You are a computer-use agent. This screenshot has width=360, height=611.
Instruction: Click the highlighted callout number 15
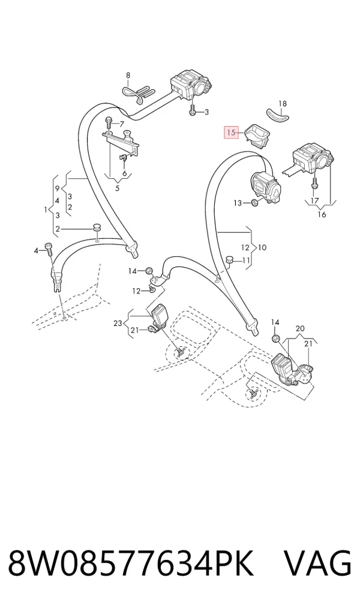point(231,133)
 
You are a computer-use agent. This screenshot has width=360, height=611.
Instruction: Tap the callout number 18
point(283,104)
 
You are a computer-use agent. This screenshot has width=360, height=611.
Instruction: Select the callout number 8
point(128,76)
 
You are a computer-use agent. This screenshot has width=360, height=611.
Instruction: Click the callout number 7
point(122,124)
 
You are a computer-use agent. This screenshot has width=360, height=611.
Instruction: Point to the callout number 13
point(238,203)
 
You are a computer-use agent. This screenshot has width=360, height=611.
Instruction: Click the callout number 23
point(118,323)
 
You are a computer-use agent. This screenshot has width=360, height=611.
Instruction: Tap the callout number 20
point(300,328)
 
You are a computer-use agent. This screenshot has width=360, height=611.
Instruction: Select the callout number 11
point(246,260)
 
